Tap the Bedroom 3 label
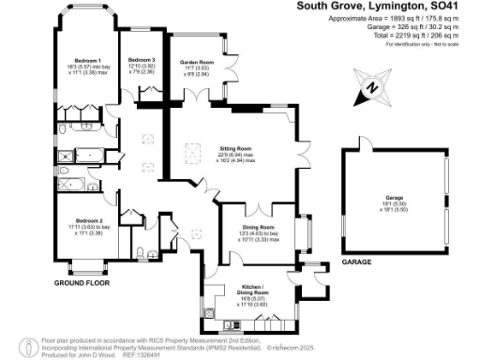(142, 60)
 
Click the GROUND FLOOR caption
(79, 283)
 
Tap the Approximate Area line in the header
(372, 19)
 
